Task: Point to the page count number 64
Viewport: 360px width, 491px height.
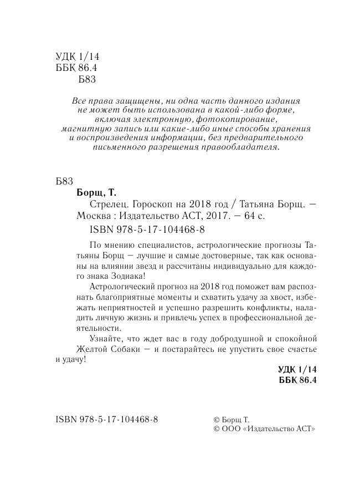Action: pyautogui.click(x=249, y=216)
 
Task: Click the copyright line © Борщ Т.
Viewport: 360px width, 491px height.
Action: pyautogui.click(x=232, y=420)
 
